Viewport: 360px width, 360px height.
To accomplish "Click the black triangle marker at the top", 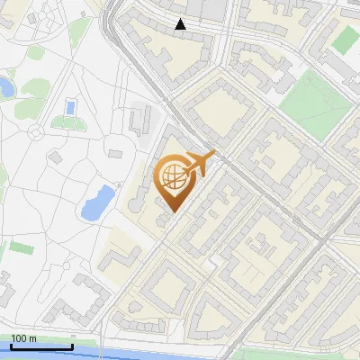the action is [x=181, y=24].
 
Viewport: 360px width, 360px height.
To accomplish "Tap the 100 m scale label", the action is [x=23, y=338].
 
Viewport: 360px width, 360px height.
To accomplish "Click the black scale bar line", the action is [x=41, y=346].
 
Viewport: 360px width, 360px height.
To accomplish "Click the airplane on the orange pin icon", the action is [x=199, y=164].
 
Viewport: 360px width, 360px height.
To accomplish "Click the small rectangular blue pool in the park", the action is [x=69, y=108].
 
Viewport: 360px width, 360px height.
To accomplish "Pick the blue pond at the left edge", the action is [x=4, y=87].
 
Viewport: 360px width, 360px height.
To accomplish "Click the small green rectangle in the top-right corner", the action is [x=345, y=39].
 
